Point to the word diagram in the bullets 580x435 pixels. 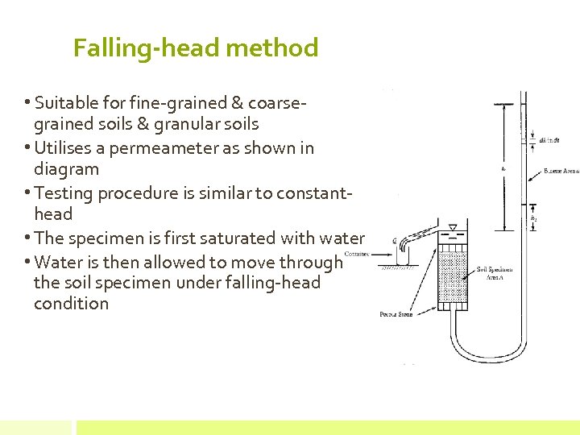[66, 169]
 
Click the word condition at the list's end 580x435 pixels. [71, 304]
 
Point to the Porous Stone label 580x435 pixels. [396, 314]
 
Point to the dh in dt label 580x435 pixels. [549, 139]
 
